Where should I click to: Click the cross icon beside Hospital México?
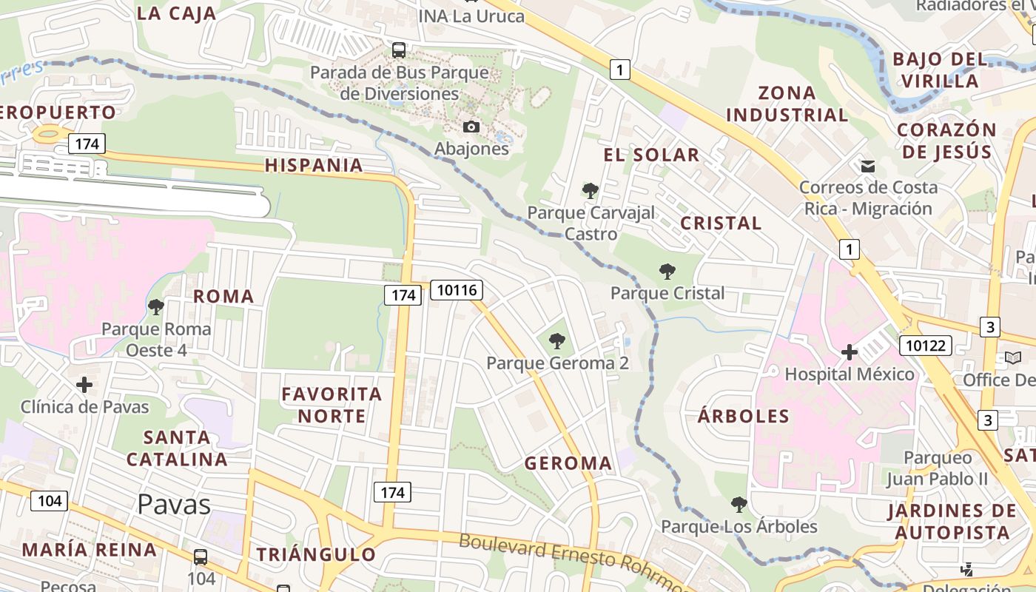(x=849, y=352)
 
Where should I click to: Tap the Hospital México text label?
(x=850, y=374)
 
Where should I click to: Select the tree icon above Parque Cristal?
(x=667, y=272)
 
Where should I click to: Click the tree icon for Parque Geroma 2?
(x=557, y=341)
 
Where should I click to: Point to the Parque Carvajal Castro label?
(x=591, y=223)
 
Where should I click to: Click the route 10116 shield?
(x=457, y=289)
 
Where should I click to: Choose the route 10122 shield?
(x=925, y=345)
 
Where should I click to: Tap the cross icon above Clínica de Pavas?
(x=84, y=385)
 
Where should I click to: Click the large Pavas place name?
(x=174, y=505)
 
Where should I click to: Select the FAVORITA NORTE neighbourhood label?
(x=332, y=405)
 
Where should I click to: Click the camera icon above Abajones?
(x=471, y=127)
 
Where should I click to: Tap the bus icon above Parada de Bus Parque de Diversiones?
(x=399, y=50)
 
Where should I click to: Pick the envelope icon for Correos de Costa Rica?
(x=867, y=166)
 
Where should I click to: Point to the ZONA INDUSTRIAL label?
(x=787, y=104)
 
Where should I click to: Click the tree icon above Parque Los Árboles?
(x=739, y=505)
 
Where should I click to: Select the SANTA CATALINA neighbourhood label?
(x=177, y=448)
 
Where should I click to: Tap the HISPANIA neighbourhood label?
(x=314, y=165)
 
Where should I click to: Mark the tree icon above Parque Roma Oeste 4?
(x=155, y=307)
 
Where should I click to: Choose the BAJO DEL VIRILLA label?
(x=940, y=70)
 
